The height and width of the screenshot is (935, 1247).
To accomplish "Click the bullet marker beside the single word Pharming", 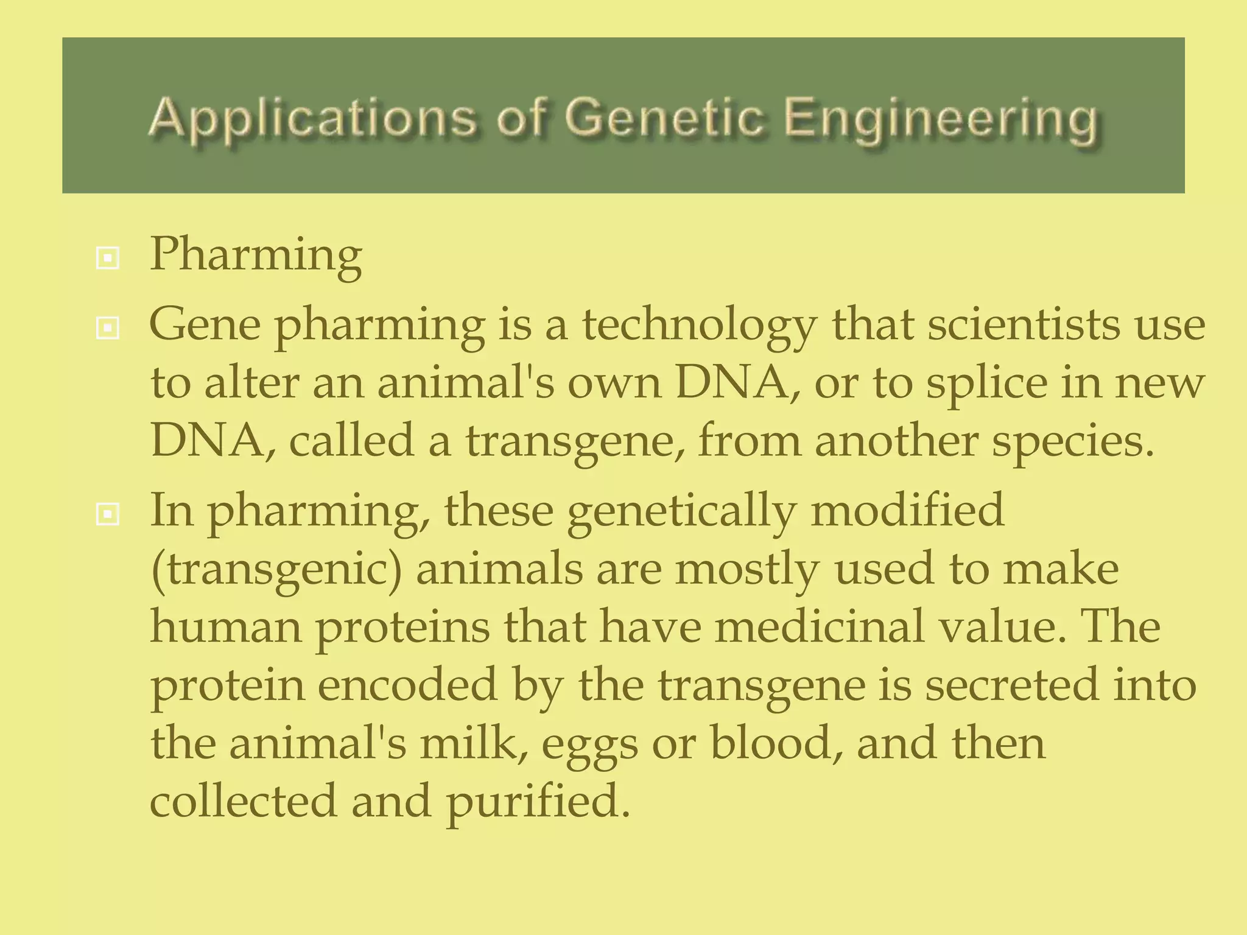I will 108,259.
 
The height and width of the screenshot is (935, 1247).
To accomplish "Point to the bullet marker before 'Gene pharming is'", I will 108,329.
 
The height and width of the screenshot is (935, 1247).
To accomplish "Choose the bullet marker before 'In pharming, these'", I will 108,516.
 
